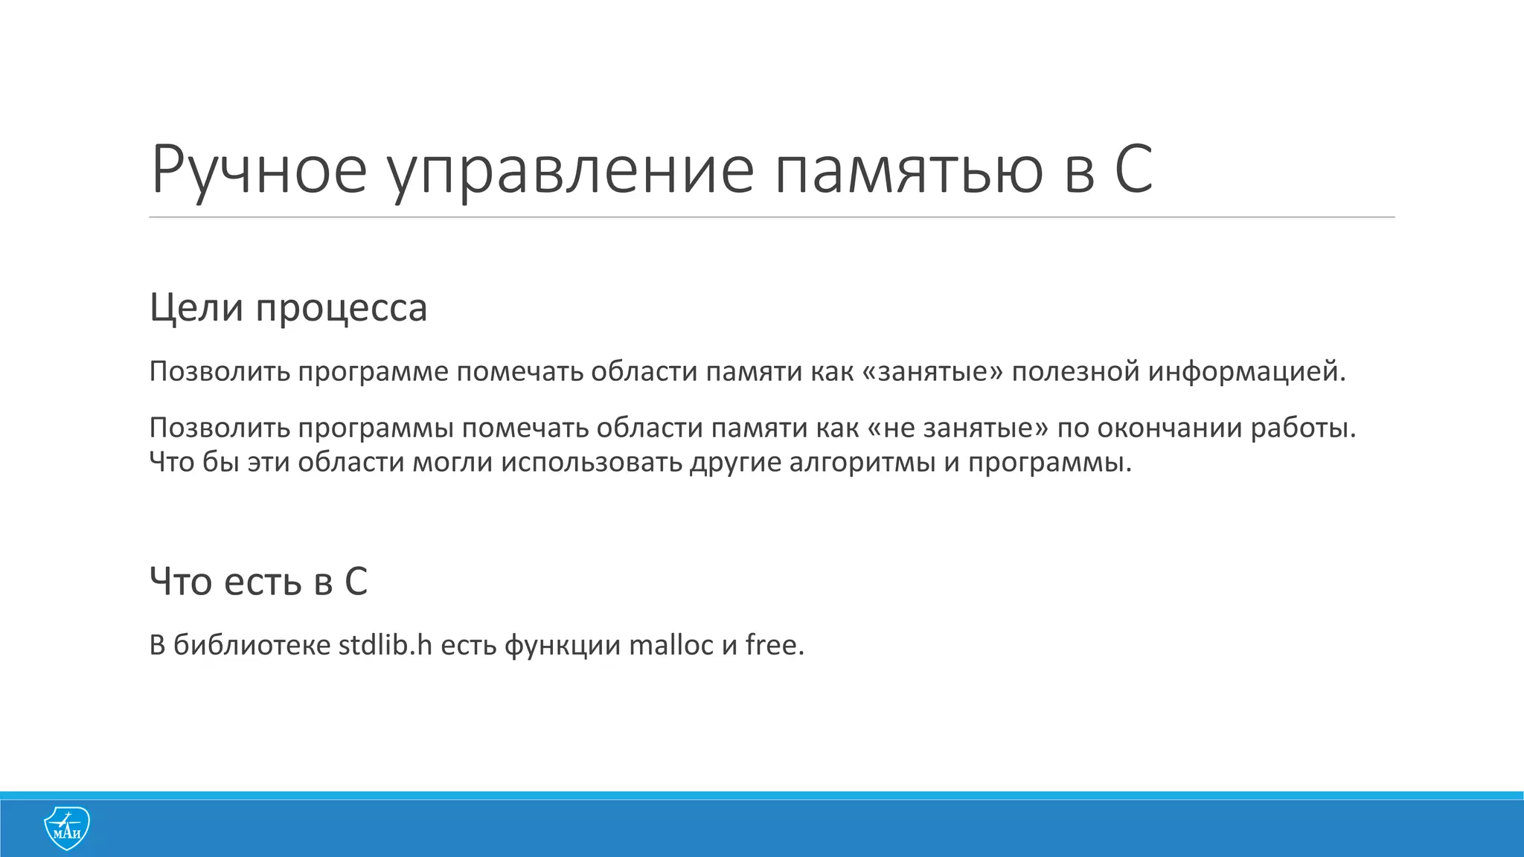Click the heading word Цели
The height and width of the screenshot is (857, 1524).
point(196,307)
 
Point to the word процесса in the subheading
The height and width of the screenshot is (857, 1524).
point(342,307)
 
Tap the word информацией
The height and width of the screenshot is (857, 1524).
point(1246,371)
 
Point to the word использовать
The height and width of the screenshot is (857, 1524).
point(591,462)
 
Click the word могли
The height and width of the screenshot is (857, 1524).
point(452,462)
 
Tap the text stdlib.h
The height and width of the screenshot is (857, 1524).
point(385,644)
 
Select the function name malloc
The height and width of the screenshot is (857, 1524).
point(670,644)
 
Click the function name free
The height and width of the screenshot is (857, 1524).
point(775,644)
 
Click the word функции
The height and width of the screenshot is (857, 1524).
point(562,644)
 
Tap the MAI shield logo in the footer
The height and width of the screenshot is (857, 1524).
point(67,828)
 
